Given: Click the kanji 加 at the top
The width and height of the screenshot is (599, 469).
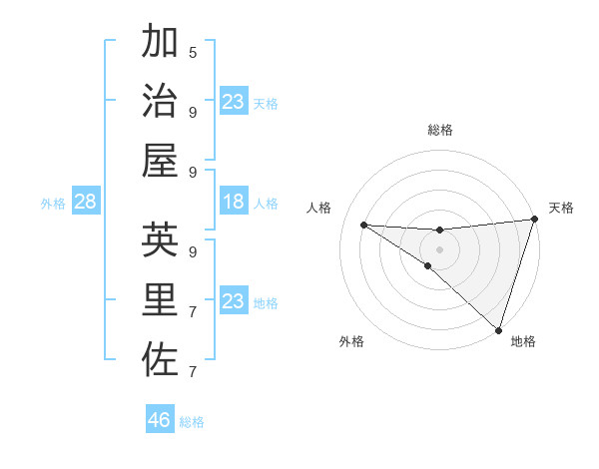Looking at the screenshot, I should pos(161,43).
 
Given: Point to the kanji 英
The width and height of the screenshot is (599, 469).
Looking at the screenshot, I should pos(161,239).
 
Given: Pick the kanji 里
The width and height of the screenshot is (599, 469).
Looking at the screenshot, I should pos(161,299).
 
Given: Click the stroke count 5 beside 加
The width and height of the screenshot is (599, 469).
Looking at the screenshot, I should pos(193,52).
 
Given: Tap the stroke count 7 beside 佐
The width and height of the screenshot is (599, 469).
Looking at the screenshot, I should pos(193,372).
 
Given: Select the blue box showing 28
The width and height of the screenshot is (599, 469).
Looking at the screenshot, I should pos(86,203).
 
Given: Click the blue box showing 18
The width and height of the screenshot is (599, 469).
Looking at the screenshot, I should pos(234,203).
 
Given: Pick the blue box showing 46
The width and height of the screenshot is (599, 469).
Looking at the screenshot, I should pos(160,420).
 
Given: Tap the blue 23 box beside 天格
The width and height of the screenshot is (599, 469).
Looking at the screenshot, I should pos(234,102).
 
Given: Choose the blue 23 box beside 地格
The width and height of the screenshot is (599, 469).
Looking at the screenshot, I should pos(234,301).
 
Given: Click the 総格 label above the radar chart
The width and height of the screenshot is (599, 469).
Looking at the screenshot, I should pos(440,130).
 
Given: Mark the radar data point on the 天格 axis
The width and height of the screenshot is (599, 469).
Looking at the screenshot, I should pos(534,221).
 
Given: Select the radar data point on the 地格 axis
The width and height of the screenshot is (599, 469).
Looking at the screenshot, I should pos(498,329).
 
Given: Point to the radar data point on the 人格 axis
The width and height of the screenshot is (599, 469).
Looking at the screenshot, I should pos(363,225).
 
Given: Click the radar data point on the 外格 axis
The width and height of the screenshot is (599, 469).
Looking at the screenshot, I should pos(428,265).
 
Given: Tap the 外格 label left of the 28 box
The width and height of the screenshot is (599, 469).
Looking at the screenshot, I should pos(53,204).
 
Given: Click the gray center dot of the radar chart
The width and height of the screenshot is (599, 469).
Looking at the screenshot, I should pos(440,248).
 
